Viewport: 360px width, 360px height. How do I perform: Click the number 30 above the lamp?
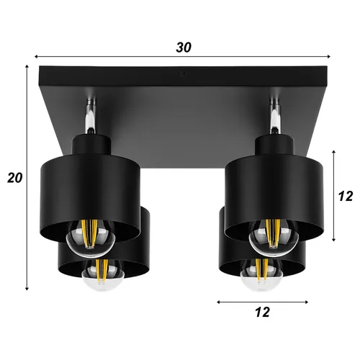coord(184,48)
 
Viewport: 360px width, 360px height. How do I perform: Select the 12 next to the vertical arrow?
coord(346,194)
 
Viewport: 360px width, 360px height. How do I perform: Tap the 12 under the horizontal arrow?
coord(262,312)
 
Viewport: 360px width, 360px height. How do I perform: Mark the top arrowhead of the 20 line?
coord(27,67)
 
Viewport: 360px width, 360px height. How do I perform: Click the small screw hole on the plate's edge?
coord(184,73)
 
